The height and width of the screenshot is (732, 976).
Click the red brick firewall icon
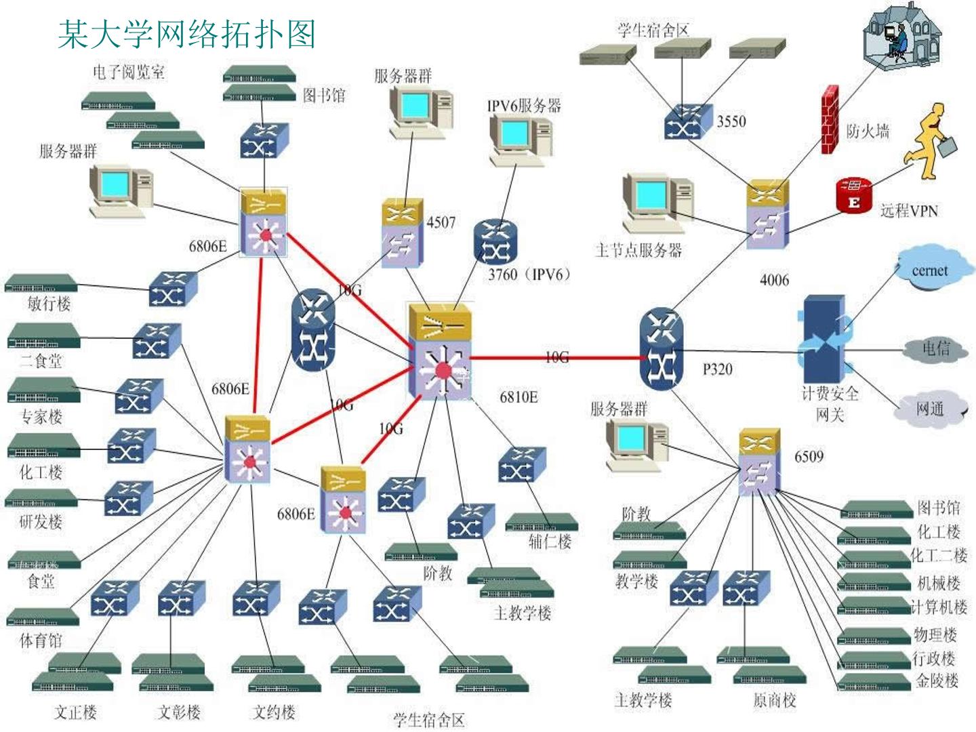830,119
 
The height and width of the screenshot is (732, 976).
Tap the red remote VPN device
853,195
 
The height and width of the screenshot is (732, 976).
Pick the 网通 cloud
930,409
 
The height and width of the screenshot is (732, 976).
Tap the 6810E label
518,397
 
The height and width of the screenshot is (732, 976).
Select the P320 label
717,369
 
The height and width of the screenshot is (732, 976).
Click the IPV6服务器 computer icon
521,139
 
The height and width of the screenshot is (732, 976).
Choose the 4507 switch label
441,222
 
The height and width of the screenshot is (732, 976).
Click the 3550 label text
731,121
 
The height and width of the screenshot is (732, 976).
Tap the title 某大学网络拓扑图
187,34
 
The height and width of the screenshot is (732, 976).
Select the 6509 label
809,456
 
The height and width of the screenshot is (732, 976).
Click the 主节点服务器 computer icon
658,203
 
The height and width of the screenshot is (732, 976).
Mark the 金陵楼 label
937,680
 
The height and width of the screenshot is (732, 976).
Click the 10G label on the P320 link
556,357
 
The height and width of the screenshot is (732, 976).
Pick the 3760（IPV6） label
529,274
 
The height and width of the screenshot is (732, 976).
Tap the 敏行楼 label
49,304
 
